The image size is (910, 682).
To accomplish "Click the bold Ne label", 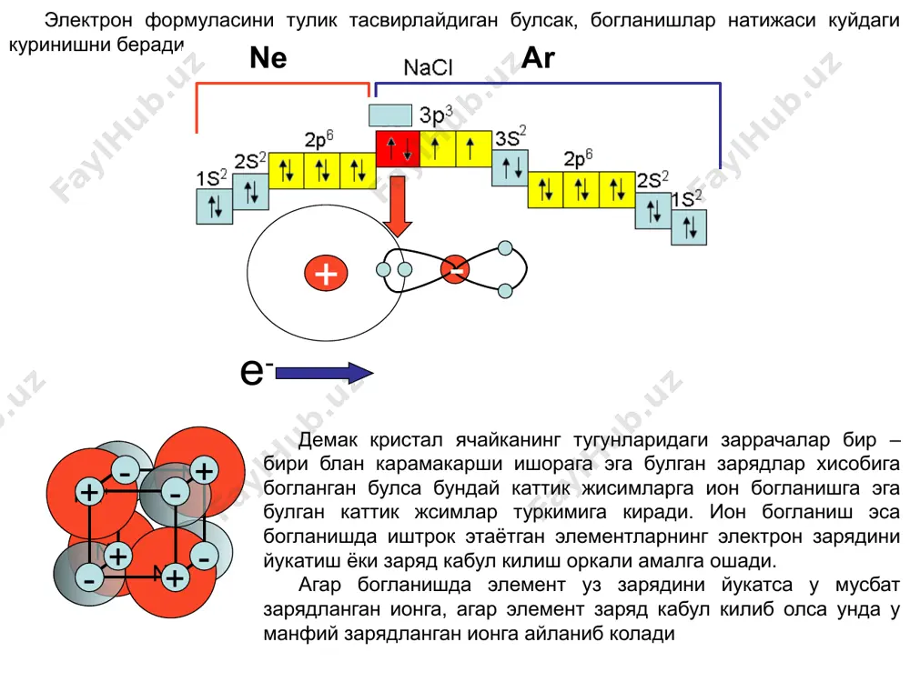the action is (268, 58).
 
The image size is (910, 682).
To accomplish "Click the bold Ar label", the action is (538, 58).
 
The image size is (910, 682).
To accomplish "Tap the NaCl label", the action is (428, 68).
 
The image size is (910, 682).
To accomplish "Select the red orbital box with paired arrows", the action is (399, 149).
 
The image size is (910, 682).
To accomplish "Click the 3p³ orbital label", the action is (436, 115).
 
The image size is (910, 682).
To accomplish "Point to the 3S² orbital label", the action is (511, 137).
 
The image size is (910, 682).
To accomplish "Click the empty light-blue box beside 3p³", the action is (390, 115).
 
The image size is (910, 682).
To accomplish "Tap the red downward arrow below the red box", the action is (398, 206).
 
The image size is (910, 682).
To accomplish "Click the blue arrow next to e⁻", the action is (325, 373).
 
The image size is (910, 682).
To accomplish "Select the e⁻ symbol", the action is (257, 371).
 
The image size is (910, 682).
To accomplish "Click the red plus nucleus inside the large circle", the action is (326, 274).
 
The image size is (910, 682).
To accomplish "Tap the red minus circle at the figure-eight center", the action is (455, 270).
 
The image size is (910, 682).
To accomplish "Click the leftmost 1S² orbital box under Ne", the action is (215, 206).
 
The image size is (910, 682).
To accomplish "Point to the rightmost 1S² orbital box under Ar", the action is (689, 227).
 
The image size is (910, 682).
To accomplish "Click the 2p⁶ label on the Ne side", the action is (319, 139).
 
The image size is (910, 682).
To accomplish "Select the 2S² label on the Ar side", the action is (652, 180).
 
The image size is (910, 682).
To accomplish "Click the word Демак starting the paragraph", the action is (328, 440).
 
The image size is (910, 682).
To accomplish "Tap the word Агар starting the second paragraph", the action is (318, 585).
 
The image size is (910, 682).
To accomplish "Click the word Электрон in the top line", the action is (88, 20).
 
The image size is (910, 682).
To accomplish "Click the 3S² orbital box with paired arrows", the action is (511, 168).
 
